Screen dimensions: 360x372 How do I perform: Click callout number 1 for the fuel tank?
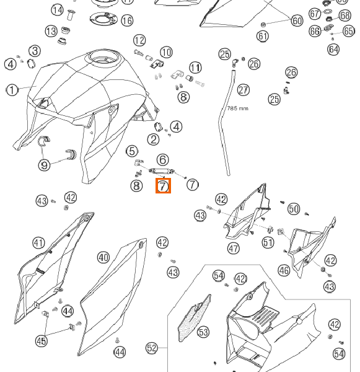point(12,90)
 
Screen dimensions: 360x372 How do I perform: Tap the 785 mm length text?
point(238,108)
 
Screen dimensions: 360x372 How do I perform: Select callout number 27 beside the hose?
point(244,90)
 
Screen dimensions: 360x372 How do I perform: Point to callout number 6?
point(163,160)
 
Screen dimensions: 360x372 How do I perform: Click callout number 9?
point(45,165)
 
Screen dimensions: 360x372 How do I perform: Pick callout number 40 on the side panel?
point(103,258)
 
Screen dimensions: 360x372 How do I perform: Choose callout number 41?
point(38,243)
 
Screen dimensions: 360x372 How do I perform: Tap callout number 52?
point(152,348)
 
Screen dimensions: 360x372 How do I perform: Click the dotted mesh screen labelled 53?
point(195,318)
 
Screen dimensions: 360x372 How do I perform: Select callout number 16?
point(127,20)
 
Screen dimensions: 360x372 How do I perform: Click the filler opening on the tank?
point(103,58)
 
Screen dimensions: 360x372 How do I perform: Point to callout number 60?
point(297,20)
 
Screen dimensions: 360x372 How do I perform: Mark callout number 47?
point(234,249)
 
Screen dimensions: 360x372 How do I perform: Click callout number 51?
point(268,242)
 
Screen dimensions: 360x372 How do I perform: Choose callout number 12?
point(139,40)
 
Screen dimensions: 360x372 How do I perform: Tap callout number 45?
point(42,341)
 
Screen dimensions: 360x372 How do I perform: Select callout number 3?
point(35,51)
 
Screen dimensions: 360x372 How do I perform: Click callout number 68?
point(345,15)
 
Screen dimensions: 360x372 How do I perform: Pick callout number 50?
point(294,209)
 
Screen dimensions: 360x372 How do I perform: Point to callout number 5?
point(133,151)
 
